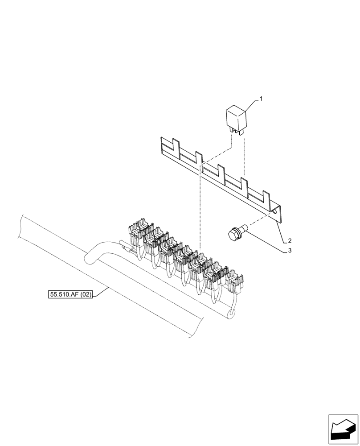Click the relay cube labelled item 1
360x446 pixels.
(x=237, y=117)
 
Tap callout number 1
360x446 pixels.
(x=261, y=99)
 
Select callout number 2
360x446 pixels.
(x=290, y=241)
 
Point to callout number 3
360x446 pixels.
(x=290, y=251)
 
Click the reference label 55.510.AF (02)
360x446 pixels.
(x=70, y=294)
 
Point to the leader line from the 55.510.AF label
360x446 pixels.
(x=100, y=292)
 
